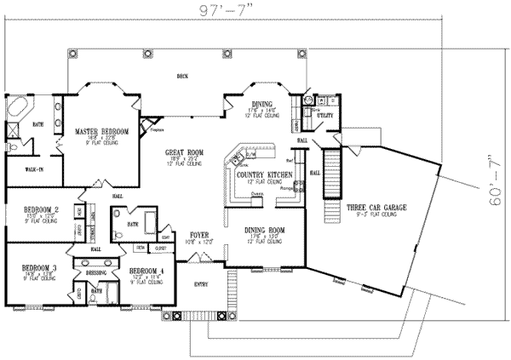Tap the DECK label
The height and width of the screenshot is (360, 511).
pos(182,75)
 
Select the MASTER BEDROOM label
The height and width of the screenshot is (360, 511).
pos(101,132)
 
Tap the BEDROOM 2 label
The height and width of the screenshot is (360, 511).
pos(41,209)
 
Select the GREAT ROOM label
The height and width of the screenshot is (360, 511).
pos(182,151)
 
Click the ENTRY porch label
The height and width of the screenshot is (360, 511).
pos(201,284)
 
